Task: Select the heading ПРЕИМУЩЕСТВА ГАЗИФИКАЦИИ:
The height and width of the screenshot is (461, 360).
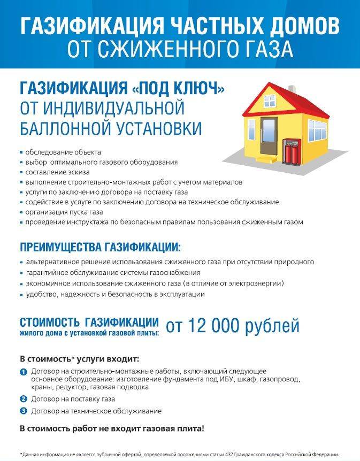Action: tap(100, 248)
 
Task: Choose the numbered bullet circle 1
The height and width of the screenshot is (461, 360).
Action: tap(23, 371)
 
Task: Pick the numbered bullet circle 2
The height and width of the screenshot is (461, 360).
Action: tap(23, 398)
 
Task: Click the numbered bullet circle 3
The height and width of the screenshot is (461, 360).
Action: tap(23, 411)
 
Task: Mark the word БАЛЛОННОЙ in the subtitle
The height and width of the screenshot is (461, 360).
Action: tap(59, 129)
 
